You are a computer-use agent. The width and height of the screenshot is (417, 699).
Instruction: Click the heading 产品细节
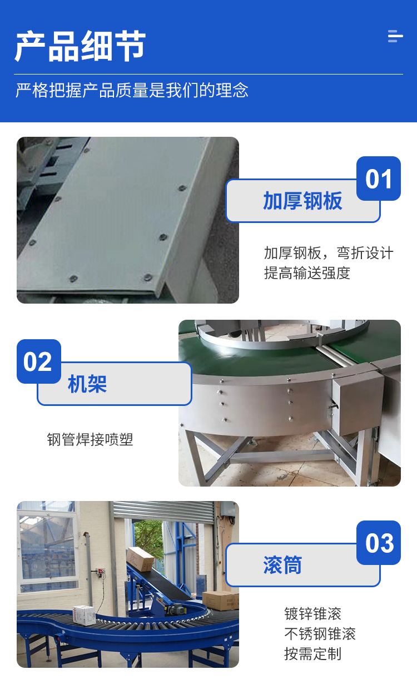tap(80, 46)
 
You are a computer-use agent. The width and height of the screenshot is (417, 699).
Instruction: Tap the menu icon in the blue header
tap(395, 36)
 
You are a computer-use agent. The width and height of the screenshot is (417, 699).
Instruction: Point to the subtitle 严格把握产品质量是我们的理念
tap(132, 91)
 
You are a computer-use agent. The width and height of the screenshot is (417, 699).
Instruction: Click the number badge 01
tap(378, 179)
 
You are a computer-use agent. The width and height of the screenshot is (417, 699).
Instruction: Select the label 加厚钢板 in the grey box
tap(302, 201)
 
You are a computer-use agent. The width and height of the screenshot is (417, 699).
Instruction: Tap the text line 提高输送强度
tap(307, 273)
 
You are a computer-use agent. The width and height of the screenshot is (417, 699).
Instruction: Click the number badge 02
tap(39, 361)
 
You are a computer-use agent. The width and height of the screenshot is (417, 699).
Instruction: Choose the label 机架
tap(87, 384)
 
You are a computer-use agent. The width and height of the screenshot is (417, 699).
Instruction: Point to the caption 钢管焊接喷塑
tap(90, 439)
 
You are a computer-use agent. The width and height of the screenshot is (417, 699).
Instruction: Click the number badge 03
tap(378, 543)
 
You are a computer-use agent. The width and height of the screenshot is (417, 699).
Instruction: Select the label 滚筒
tap(282, 565)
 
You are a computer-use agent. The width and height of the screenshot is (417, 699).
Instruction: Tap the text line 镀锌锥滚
tap(312, 613)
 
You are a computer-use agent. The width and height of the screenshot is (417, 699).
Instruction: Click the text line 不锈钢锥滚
tap(320, 633)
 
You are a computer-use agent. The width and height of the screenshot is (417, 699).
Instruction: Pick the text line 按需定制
tap(312, 654)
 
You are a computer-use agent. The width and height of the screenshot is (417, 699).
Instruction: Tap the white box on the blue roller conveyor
tap(84, 615)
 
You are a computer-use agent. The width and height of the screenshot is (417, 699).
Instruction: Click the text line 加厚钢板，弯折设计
tap(329, 253)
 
